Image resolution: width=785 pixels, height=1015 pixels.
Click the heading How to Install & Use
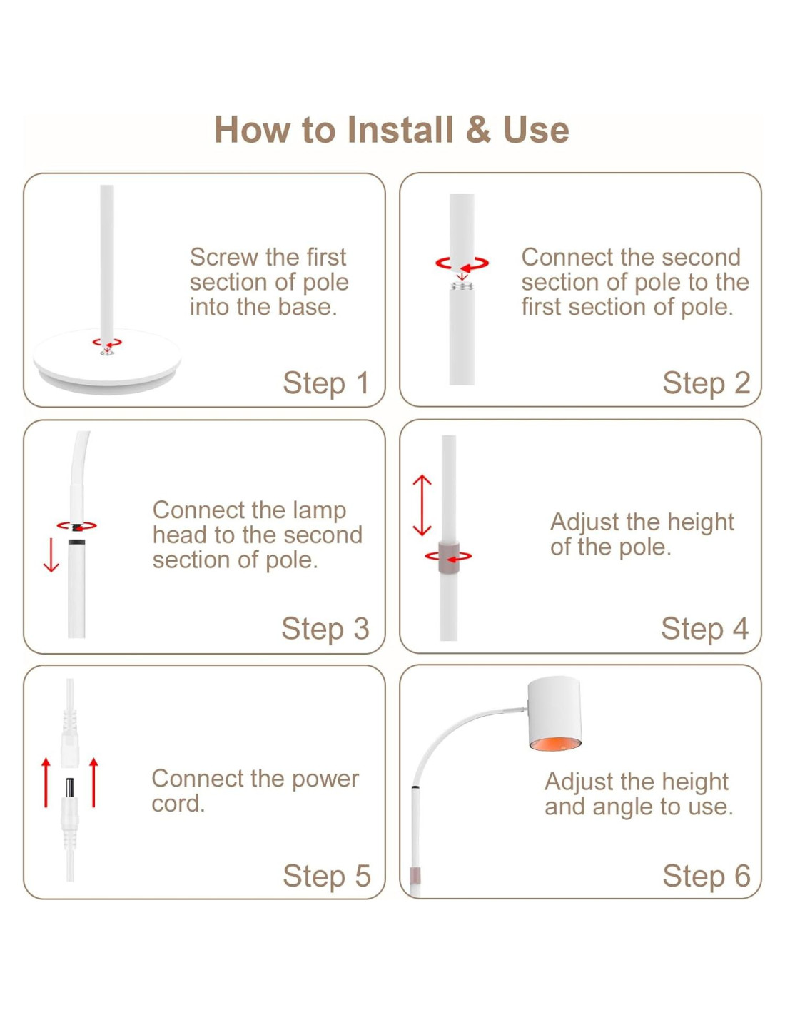pyautogui.click(x=391, y=129)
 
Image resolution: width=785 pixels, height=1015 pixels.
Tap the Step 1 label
pyautogui.click(x=326, y=383)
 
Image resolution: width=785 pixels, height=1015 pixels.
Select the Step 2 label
pyautogui.click(x=706, y=383)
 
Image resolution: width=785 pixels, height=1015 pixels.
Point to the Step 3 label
pyautogui.click(x=325, y=629)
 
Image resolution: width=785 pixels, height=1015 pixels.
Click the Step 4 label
pyautogui.click(x=704, y=629)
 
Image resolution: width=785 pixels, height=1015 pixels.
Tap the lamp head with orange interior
pyautogui.click(x=554, y=714)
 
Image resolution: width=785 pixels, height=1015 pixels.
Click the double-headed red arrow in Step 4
pyautogui.click(x=422, y=505)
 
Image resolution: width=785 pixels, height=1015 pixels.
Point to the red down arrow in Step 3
pyautogui.click(x=51, y=555)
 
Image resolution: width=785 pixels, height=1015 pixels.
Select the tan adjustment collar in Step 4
pyautogui.click(x=449, y=556)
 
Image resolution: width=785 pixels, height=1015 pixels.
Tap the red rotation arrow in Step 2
pyautogui.click(x=462, y=263)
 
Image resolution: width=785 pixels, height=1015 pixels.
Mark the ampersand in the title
pyautogui.click(x=478, y=129)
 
